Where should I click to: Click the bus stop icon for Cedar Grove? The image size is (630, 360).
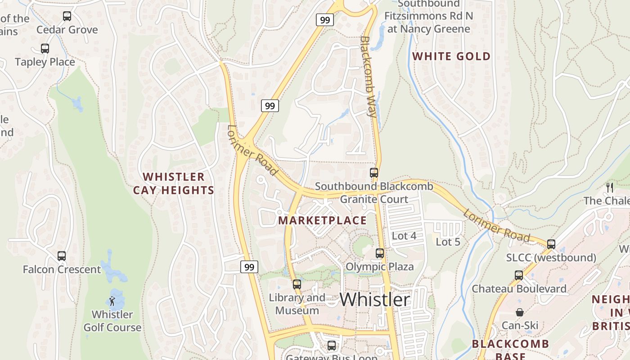[x=67, y=16]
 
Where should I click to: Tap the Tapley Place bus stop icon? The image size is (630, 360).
[x=45, y=48]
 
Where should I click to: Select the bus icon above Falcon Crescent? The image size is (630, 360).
[x=62, y=256]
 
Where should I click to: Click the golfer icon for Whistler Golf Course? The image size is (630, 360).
[x=112, y=301]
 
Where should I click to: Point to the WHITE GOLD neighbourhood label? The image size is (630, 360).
[x=451, y=56]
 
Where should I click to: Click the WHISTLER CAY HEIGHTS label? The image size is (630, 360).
[x=174, y=183]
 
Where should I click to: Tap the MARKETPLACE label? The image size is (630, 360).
[x=322, y=220]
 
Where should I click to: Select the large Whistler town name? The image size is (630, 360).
[x=375, y=300]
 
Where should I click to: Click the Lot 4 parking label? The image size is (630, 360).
[x=404, y=236]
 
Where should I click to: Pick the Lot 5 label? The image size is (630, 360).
[x=448, y=242]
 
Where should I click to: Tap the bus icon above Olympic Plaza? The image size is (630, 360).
[x=380, y=253]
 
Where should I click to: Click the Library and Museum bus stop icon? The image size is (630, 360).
[x=297, y=284]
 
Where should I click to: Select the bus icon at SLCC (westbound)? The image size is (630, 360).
[x=551, y=244]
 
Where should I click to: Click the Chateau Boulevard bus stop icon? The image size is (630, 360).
[x=519, y=275]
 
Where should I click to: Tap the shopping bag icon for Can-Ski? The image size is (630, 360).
[x=520, y=312]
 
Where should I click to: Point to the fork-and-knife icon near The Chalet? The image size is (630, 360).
[x=610, y=187]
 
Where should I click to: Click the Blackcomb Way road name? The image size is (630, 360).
[x=368, y=76]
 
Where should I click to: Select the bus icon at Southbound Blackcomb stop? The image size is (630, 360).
[x=374, y=172]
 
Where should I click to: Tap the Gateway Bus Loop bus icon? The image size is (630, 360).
[x=332, y=345]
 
